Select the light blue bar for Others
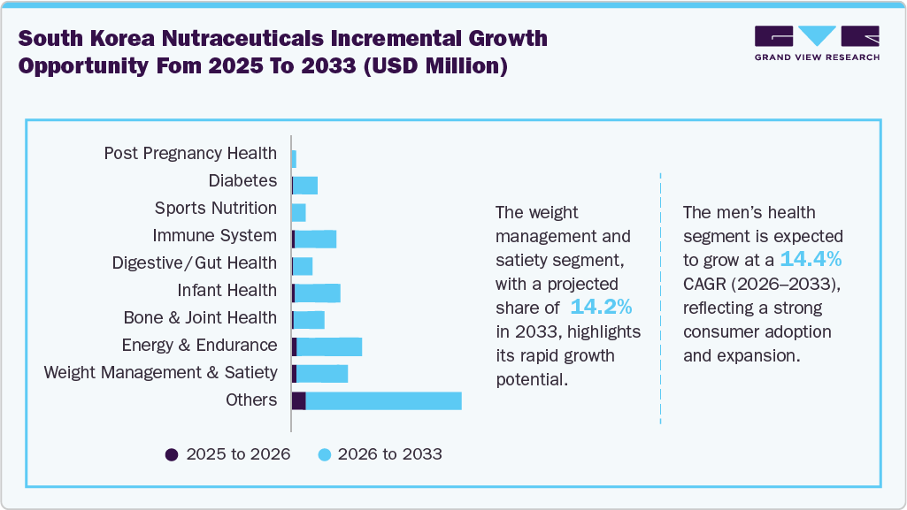click(x=383, y=400)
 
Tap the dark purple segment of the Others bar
click(x=299, y=400)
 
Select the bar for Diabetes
click(x=305, y=185)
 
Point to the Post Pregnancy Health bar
click(x=294, y=158)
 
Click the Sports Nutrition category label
click(x=215, y=209)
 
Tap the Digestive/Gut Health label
click(x=194, y=263)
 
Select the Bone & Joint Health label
click(x=200, y=317)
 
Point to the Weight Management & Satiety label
click(x=160, y=372)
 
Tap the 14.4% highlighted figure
click(x=811, y=260)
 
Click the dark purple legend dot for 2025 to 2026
click(x=172, y=454)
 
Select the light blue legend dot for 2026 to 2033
click(x=324, y=454)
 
